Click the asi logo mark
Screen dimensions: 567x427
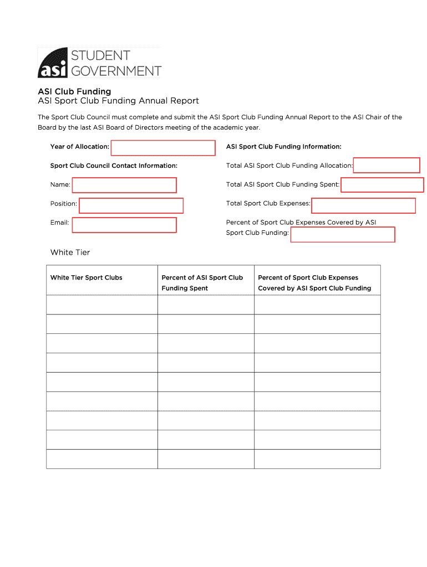pyautogui.click(x=53, y=63)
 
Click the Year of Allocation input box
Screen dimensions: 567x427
pyautogui.click(x=163, y=148)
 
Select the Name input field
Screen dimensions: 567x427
pyautogui.click(x=124, y=185)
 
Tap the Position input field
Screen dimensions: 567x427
pyautogui.click(x=131, y=205)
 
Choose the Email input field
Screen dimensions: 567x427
pyautogui.click(x=124, y=225)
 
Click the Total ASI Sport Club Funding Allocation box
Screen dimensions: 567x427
pyautogui.click(x=387, y=166)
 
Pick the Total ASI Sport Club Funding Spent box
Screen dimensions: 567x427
pyautogui.click(x=382, y=185)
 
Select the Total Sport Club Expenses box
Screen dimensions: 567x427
pyautogui.click(x=363, y=205)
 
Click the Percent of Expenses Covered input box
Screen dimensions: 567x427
pyautogui.click(x=343, y=235)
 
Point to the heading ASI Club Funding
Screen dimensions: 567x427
pyautogui.click(x=74, y=91)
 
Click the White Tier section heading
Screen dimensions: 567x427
pyautogui.click(x=70, y=252)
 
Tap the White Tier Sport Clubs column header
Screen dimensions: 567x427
pyautogui.click(x=87, y=277)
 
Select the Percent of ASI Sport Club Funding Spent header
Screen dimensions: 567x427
pyautogui.click(x=202, y=282)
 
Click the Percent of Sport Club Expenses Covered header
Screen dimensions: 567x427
pyautogui.click(x=314, y=282)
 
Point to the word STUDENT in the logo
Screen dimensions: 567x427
pyautogui.click(x=100, y=55)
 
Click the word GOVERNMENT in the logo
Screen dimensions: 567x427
pyautogui.click(x=115, y=71)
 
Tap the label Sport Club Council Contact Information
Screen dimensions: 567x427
pyautogui.click(x=114, y=166)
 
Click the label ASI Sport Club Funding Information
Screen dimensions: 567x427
pyautogui.click(x=283, y=147)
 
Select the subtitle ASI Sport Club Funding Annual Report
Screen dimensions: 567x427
pyautogui.click(x=118, y=101)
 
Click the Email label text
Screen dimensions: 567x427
pyautogui.click(x=59, y=223)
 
